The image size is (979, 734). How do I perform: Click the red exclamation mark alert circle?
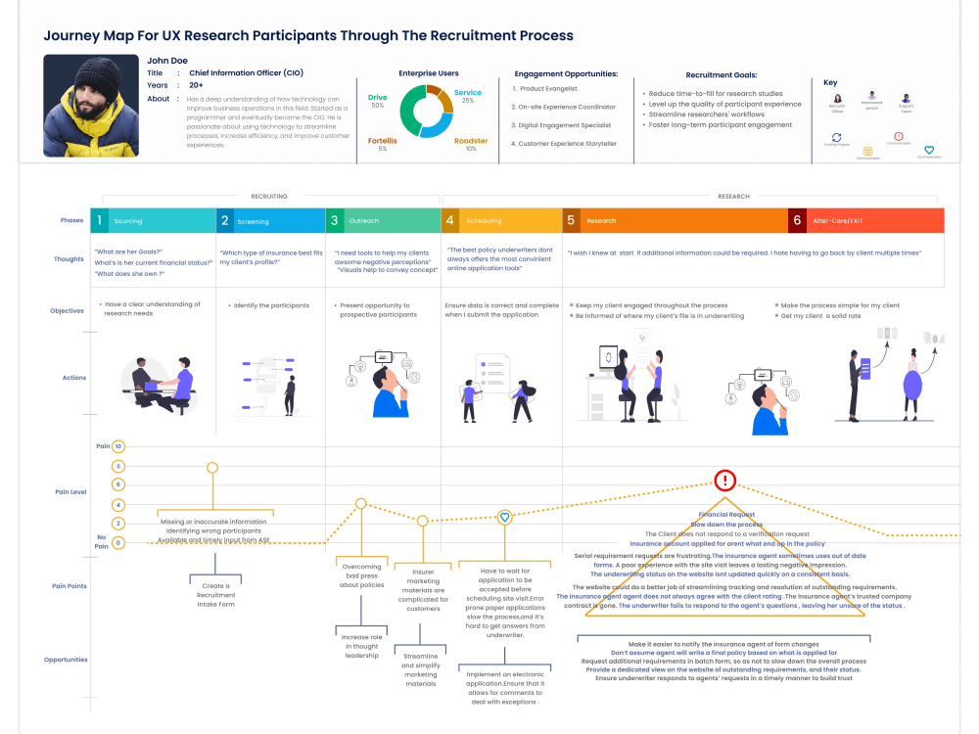pyautogui.click(x=724, y=481)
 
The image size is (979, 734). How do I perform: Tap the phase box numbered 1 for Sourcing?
pyautogui.click(x=99, y=220)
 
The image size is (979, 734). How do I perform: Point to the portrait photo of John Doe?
pyautogui.click(x=91, y=106)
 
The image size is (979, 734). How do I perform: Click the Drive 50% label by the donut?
pyautogui.click(x=377, y=101)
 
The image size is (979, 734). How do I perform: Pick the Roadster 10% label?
pyautogui.click(x=471, y=145)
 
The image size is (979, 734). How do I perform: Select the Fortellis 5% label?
pyautogui.click(x=382, y=145)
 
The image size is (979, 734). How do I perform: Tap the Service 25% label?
pyautogui.click(x=468, y=96)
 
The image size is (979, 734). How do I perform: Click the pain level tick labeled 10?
pyautogui.click(x=118, y=446)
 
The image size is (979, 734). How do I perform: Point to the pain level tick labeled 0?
pyautogui.click(x=118, y=542)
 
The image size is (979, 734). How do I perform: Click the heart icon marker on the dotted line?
pyautogui.click(x=504, y=517)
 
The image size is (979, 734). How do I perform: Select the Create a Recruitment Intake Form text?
pyautogui.click(x=215, y=595)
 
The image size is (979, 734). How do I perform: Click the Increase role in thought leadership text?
pyautogui.click(x=361, y=646)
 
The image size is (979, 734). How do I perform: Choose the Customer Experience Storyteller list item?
pyautogui.click(x=568, y=144)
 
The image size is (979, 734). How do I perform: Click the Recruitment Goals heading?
pyautogui.click(x=721, y=74)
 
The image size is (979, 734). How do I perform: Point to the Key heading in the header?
pyautogui.click(x=830, y=83)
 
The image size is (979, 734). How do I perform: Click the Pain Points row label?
pyautogui.click(x=70, y=586)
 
